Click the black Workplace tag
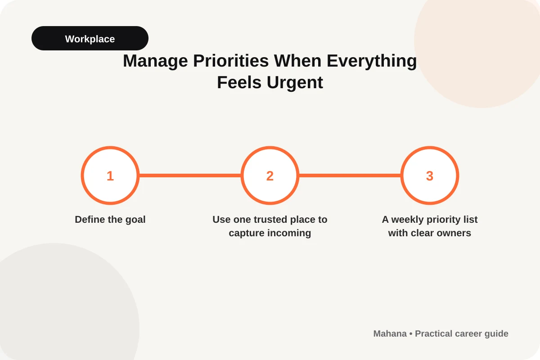90,38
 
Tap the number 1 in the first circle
110,176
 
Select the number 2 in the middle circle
270,176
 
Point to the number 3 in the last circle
430,176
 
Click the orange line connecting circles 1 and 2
190,175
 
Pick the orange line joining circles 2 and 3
350,175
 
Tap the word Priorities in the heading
231,60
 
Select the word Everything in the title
372,61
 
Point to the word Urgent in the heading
295,83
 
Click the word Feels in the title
239,82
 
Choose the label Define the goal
110,220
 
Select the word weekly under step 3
407,220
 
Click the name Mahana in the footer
390,334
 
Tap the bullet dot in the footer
411,334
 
